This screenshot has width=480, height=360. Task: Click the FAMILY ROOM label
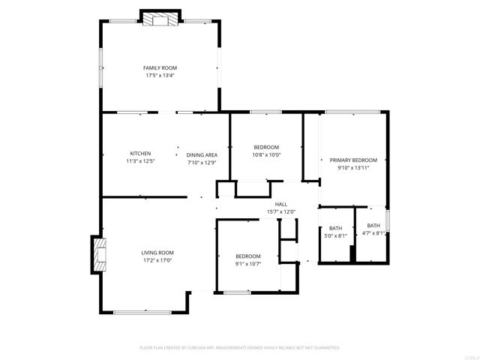pyautogui.click(x=160, y=67)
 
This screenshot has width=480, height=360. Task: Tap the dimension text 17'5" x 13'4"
pyautogui.click(x=160, y=75)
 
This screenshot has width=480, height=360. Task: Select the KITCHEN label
pyautogui.click(x=140, y=153)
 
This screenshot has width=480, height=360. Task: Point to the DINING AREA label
pyautogui.click(x=202, y=154)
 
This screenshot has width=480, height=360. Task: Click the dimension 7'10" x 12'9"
pyautogui.click(x=202, y=162)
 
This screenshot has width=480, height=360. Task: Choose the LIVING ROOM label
pyautogui.click(x=158, y=253)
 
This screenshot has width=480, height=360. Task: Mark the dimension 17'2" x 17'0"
pyautogui.click(x=158, y=260)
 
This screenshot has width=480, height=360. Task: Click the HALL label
pyautogui.click(x=281, y=204)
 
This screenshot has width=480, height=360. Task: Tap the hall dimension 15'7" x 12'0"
pyautogui.click(x=281, y=211)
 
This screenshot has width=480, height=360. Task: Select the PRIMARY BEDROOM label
pyautogui.click(x=353, y=160)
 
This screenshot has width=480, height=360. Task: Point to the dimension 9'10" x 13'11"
pyautogui.click(x=353, y=167)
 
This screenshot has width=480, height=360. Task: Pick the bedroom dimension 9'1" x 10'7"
pyautogui.click(x=247, y=263)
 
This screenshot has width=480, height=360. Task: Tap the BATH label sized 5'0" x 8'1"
pyautogui.click(x=335, y=228)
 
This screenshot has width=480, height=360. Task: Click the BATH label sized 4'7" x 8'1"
pyautogui.click(x=373, y=226)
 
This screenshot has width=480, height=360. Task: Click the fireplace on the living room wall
pyautogui.click(x=98, y=254)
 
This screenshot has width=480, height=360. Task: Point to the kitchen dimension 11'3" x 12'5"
pyautogui.click(x=140, y=160)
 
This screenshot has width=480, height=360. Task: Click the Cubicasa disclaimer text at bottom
pyautogui.click(x=240, y=348)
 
